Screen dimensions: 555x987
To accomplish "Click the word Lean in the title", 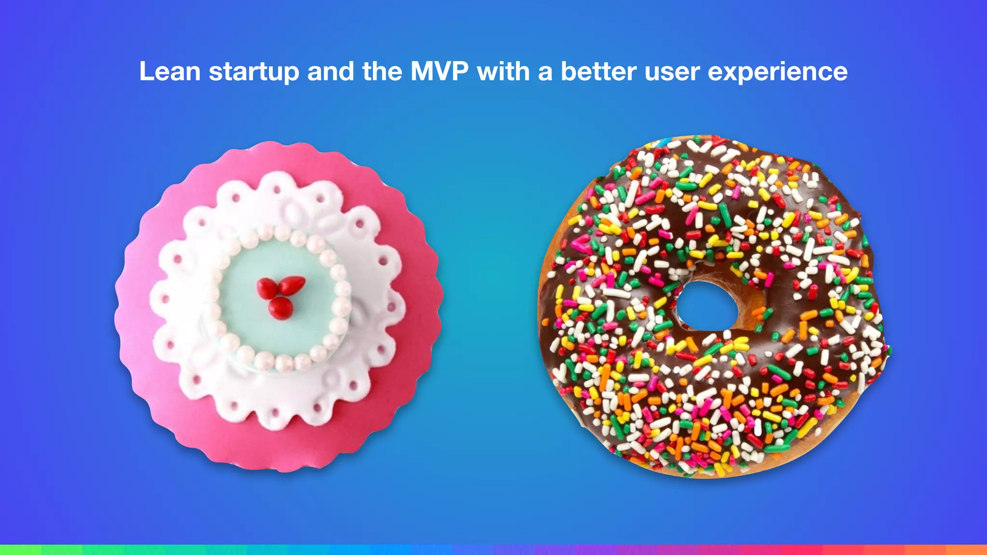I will [x=170, y=71].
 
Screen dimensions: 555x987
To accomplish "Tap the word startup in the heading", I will [x=253, y=72].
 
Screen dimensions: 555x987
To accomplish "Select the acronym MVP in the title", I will [x=439, y=71].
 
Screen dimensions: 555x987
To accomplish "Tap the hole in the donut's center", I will [x=707, y=305].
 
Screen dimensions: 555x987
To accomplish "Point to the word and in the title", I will [x=331, y=71].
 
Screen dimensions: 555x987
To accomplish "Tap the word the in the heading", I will [x=382, y=71].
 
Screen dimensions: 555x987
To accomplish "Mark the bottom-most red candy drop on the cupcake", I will [x=278, y=308].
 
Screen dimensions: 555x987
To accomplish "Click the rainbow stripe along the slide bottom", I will [x=493, y=550].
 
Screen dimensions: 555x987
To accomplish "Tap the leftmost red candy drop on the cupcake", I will [x=266, y=288].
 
